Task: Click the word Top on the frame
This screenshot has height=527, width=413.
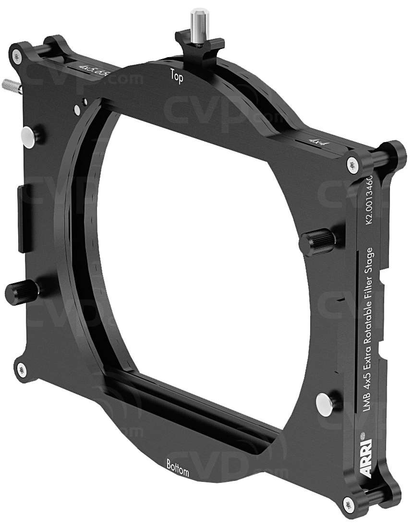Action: point(177,76)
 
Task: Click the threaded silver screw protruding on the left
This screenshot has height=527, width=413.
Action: point(11,86)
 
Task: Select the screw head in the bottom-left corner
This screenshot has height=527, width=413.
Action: point(21,369)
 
